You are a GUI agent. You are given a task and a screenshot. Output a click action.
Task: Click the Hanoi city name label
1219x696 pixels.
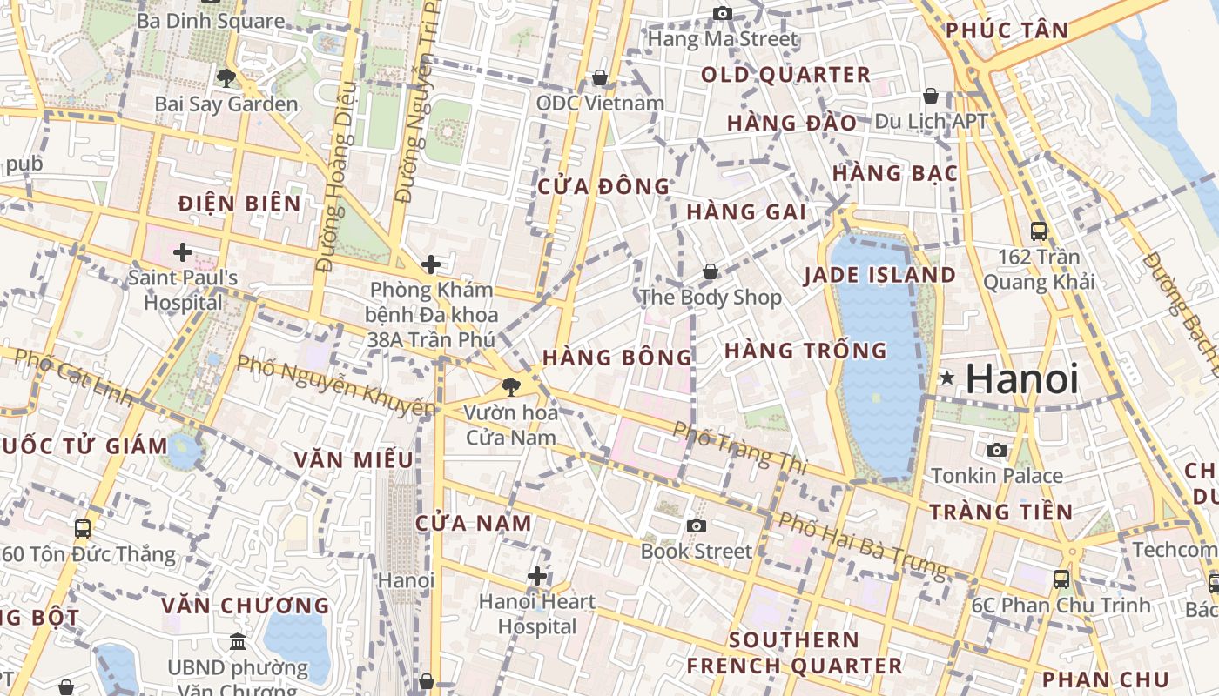(x=1022, y=379)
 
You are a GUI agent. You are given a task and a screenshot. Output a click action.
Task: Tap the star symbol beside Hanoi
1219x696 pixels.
(x=947, y=378)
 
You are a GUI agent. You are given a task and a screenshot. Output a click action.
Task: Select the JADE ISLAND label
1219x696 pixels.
(x=879, y=276)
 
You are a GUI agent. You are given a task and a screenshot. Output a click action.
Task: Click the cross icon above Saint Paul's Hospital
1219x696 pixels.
(x=182, y=253)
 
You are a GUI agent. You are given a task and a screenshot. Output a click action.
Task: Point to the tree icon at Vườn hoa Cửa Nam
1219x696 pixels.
(x=511, y=387)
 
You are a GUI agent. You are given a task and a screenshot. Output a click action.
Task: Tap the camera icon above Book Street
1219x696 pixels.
(x=696, y=525)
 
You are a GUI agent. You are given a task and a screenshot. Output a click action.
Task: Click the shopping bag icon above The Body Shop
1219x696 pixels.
(x=711, y=271)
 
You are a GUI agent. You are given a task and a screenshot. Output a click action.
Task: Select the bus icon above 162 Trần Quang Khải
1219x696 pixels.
(x=1039, y=231)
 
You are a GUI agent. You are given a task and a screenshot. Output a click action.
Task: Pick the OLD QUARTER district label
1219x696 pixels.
(x=785, y=75)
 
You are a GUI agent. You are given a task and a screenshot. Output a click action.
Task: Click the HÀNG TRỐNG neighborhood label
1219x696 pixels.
(x=805, y=351)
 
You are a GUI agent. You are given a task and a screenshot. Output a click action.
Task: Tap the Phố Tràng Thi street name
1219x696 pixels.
(x=740, y=448)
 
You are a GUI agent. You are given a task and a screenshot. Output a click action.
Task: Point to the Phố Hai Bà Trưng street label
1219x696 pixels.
(x=862, y=545)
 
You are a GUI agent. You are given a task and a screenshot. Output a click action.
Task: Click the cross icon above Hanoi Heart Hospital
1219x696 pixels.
(x=537, y=576)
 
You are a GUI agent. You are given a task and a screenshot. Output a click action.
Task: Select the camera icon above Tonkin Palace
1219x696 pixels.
(x=997, y=450)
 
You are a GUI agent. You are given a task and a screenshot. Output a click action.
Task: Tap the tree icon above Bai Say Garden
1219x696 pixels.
(x=226, y=77)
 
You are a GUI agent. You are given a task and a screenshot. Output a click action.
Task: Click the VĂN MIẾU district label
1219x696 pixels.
(x=353, y=460)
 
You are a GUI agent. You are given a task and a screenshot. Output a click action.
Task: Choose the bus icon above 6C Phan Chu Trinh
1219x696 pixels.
(x=1061, y=579)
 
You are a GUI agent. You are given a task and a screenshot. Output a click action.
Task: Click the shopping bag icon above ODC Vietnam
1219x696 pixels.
(x=600, y=77)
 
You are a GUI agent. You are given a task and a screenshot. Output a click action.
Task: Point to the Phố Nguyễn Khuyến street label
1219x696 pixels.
(x=335, y=385)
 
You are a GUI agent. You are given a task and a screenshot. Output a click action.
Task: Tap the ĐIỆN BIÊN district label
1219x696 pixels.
(x=239, y=204)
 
